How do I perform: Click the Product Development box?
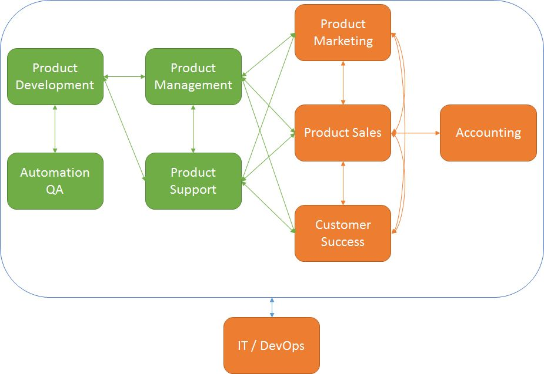coord(55,76)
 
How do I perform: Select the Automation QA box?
coord(55,181)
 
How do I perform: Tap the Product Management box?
coord(193,76)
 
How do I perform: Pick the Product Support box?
coord(193,181)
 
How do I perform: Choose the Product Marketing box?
coord(343,32)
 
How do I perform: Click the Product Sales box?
coord(343,133)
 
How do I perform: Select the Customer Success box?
coord(343,233)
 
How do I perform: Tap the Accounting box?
coord(488,133)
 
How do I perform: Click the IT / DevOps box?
coord(271,345)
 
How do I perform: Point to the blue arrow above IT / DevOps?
coord(272,308)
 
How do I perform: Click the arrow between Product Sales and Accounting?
coord(415,133)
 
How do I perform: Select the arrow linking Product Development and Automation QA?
coord(55,129)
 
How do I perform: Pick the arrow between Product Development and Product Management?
coord(124,76)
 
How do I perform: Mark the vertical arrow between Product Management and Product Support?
coord(193,129)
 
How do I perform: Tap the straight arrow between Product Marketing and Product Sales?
coord(343,83)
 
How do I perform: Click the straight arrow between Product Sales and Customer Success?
coord(343,183)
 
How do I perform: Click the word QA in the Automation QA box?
coord(55,190)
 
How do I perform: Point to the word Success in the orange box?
coord(343,242)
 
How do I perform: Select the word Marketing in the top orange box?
coord(343,41)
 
